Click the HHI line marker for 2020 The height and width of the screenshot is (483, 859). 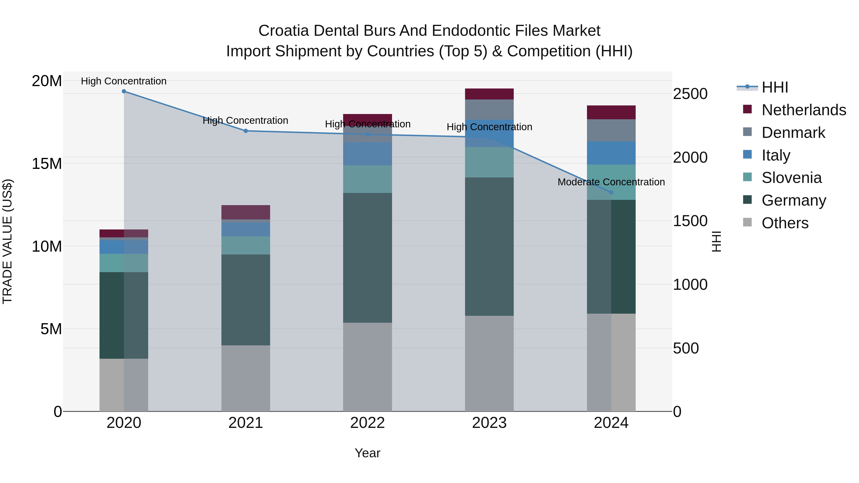[x=124, y=91]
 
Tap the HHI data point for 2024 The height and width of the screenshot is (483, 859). [x=611, y=192]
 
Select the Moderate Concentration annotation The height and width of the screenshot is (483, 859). [x=611, y=182]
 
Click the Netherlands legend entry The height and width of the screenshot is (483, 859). [x=804, y=110]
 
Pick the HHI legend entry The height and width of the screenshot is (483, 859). [x=775, y=87]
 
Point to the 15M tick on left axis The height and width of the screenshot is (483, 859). [x=47, y=164]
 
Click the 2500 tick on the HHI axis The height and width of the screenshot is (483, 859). [x=690, y=94]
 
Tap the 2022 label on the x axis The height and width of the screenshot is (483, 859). [x=367, y=423]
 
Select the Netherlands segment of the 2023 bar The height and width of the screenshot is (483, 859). [x=489, y=94]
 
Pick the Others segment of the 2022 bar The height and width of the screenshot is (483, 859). [x=367, y=367]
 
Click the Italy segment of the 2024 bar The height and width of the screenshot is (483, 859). [x=611, y=153]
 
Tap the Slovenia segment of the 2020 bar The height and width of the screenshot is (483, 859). [x=124, y=263]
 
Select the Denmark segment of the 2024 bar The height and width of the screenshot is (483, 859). [x=611, y=130]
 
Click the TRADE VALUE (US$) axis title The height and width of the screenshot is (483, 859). [x=7, y=241]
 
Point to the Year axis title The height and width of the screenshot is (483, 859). [x=367, y=453]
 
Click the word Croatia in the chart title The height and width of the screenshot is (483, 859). [x=283, y=31]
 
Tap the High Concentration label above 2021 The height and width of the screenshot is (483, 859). [x=246, y=120]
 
